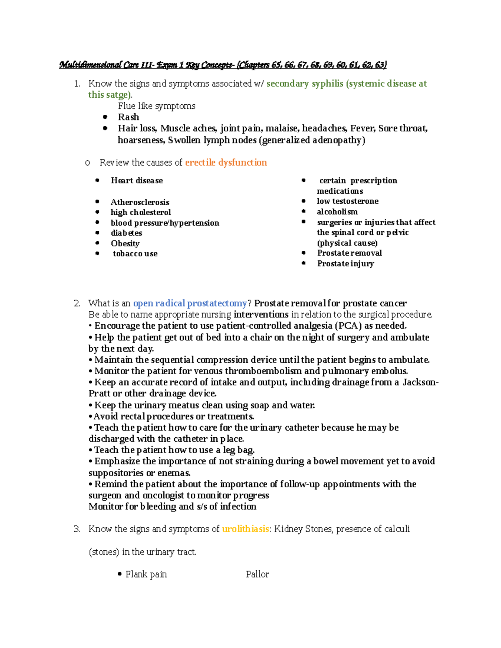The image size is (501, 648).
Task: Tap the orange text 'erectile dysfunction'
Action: tap(226, 163)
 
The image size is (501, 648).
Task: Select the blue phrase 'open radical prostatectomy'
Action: tap(190, 303)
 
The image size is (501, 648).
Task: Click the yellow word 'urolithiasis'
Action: tap(245, 529)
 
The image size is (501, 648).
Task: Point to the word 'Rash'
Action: tap(128, 117)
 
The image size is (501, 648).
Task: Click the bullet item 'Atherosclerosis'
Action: tap(140, 202)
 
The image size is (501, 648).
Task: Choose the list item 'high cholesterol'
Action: tap(141, 212)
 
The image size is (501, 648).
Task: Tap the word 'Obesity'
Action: tap(125, 243)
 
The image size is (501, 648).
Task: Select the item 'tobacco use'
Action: tap(135, 254)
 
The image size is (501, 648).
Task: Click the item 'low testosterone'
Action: tap(347, 201)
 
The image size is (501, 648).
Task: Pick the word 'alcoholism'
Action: tap(337, 212)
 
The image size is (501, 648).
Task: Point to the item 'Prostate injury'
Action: tap(345, 264)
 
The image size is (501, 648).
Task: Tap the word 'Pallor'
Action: tap(257, 575)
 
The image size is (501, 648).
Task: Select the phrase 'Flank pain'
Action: tap(146, 575)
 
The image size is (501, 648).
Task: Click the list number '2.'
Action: tap(77, 303)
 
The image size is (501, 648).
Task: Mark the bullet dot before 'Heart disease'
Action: tap(97, 180)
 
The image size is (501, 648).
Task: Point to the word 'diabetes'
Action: tap(127, 233)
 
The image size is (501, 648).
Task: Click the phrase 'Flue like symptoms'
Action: tap(157, 106)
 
